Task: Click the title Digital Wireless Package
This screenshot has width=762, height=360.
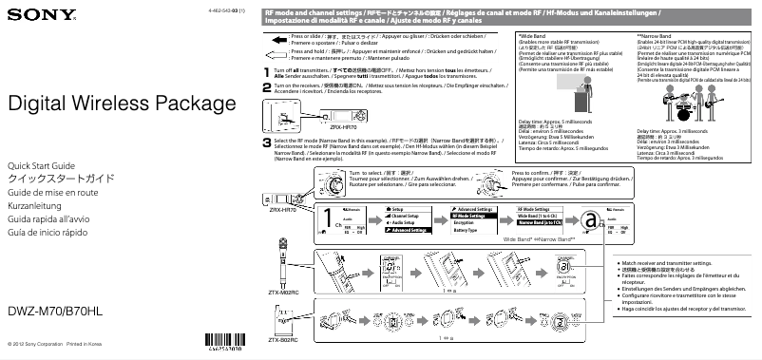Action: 101,104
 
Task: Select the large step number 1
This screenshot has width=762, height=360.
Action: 266,72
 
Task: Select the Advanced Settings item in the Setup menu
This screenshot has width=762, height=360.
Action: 410,230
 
